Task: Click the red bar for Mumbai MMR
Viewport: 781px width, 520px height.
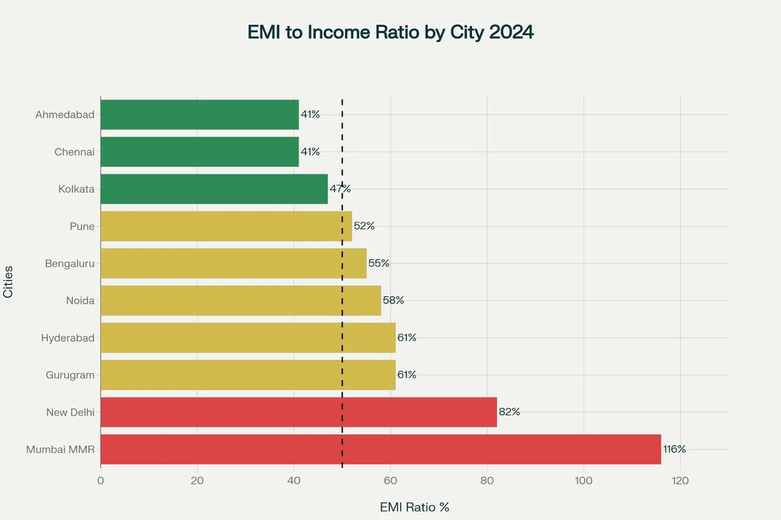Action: (381, 449)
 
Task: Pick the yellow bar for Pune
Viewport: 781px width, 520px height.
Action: (226, 226)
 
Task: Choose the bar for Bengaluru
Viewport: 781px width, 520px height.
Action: (233, 263)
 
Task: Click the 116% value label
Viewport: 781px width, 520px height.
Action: (674, 449)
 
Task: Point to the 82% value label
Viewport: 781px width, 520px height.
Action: (509, 412)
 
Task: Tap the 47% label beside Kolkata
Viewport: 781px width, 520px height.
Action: (340, 189)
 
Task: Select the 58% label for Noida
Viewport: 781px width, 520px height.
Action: (393, 300)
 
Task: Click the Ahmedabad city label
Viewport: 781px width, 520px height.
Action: (64, 115)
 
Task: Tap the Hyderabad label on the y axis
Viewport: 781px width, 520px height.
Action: (68, 338)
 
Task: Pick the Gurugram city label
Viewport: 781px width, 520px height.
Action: (70, 375)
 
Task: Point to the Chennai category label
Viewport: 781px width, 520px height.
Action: (74, 152)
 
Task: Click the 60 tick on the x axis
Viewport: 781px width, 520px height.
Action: (390, 481)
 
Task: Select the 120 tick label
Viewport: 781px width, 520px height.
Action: (680, 481)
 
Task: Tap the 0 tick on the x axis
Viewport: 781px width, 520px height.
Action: (101, 481)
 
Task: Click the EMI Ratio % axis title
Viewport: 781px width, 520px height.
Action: (415, 507)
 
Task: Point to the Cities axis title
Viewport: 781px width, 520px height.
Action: (8, 281)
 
